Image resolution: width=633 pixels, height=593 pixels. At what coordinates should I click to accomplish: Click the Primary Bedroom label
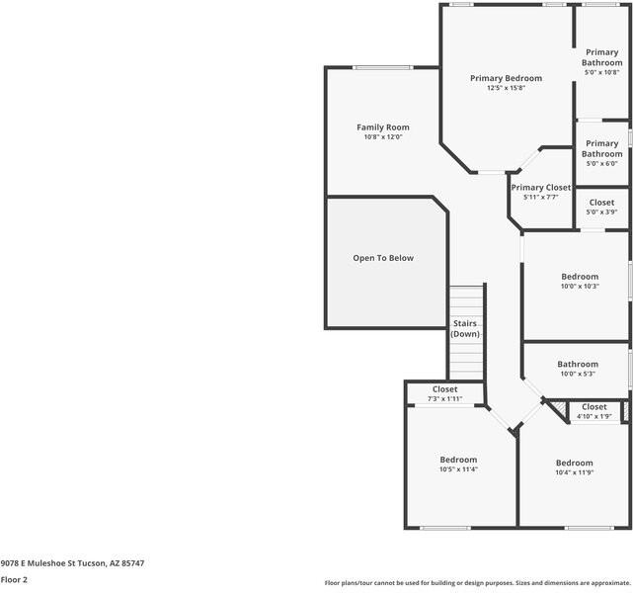pyautogui.click(x=506, y=78)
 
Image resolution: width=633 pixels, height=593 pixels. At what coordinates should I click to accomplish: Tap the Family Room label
pyautogui.click(x=383, y=127)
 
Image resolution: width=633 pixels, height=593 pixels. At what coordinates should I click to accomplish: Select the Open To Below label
pyautogui.click(x=383, y=258)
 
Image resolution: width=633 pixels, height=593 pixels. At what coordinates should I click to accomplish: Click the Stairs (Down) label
pyautogui.click(x=465, y=328)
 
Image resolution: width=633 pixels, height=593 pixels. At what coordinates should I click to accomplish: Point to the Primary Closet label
pyautogui.click(x=541, y=188)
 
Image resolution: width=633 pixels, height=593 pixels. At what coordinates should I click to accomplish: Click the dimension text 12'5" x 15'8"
pyautogui.click(x=506, y=88)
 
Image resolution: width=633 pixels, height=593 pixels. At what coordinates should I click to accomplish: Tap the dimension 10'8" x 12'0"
pyautogui.click(x=383, y=137)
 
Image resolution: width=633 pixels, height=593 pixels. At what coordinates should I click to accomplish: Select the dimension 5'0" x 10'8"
pyautogui.click(x=602, y=72)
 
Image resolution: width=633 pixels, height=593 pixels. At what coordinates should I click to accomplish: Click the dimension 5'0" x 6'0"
pyautogui.click(x=602, y=164)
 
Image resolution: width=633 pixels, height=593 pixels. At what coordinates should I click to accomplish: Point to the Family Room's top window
pyautogui.click(x=383, y=67)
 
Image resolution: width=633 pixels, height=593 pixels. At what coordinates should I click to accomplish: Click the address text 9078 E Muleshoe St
pyautogui.click(x=39, y=563)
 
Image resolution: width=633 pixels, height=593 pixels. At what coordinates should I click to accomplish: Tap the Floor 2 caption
pyautogui.click(x=14, y=580)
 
